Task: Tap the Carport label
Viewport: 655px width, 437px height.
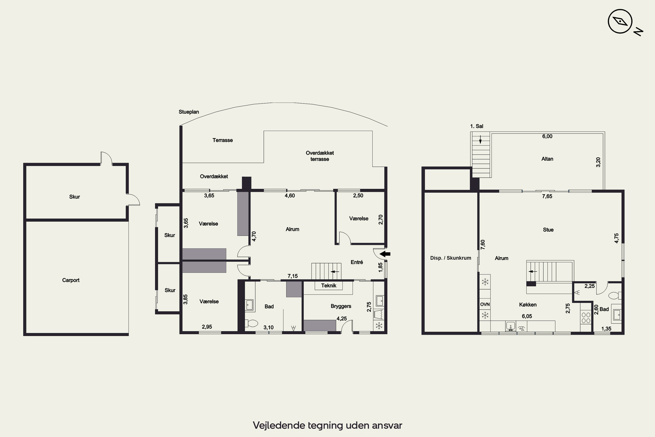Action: (71, 280)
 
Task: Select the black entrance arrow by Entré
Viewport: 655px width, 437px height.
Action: (385, 254)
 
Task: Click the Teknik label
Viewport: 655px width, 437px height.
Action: (329, 285)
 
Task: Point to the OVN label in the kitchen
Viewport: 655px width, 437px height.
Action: (485, 304)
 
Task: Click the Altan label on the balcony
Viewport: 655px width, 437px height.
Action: (547, 159)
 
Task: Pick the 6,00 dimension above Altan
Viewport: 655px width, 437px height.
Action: (547, 136)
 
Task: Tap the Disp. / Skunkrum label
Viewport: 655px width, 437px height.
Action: (451, 258)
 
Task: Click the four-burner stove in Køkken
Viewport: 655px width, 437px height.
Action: (586, 318)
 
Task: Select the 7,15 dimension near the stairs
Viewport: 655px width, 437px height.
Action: (293, 276)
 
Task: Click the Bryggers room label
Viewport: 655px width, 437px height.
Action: (341, 306)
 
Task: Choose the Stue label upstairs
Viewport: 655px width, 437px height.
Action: (548, 230)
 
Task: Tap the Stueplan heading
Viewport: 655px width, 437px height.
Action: (189, 112)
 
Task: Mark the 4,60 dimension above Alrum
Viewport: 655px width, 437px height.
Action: (290, 196)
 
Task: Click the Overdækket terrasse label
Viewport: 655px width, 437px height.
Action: (320, 156)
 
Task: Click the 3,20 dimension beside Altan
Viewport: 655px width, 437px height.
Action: (598, 162)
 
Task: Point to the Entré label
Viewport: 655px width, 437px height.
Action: (357, 262)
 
